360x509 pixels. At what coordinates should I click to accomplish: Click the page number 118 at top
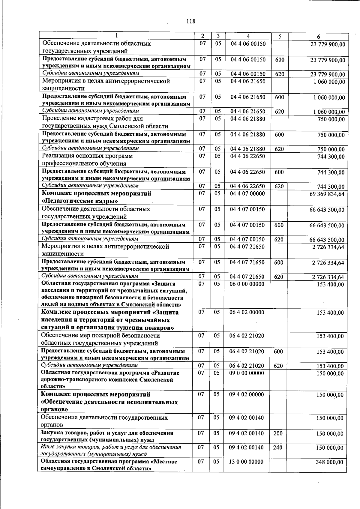[x=190, y=21]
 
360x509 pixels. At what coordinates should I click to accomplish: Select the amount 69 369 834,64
[x=327, y=194]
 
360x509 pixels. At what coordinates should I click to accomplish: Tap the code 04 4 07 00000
[x=247, y=194]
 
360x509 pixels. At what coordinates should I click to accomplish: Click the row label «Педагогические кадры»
[x=79, y=201]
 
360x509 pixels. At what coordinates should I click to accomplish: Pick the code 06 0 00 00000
[x=247, y=284]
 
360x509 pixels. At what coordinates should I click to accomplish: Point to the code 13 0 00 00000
[x=246, y=462]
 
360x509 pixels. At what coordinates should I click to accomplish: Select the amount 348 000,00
[x=329, y=462]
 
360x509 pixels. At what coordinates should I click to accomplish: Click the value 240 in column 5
[x=278, y=448]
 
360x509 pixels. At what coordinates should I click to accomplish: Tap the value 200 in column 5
[x=278, y=433]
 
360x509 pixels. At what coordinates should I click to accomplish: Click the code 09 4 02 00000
[x=247, y=394]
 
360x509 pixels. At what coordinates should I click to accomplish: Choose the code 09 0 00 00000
[x=247, y=373]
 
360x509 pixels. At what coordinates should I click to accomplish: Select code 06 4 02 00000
[x=247, y=312]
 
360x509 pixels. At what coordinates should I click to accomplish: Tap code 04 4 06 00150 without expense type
[x=248, y=44]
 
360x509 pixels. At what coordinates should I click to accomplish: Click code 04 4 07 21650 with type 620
[x=247, y=277]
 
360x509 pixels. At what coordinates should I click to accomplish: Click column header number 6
[x=318, y=37]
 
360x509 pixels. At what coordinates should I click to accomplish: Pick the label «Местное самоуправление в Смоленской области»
[x=109, y=465]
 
